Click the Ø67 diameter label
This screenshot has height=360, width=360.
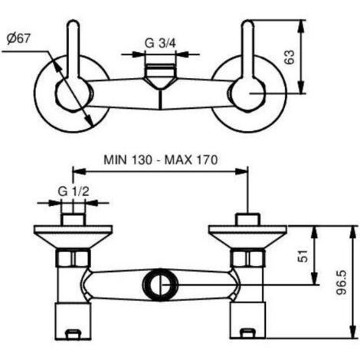pyautogui.click(x=18, y=38)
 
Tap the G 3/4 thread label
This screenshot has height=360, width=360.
pyautogui.click(x=160, y=43)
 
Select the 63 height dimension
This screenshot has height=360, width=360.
pyautogui.click(x=290, y=57)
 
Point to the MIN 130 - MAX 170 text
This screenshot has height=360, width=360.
pyautogui.click(x=161, y=160)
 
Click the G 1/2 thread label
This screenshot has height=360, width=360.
pyautogui.click(x=74, y=191)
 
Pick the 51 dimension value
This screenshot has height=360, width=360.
pyautogui.click(x=303, y=256)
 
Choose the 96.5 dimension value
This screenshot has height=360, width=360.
pyautogui.click(x=342, y=283)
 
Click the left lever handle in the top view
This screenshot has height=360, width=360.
pyautogui.click(x=74, y=48)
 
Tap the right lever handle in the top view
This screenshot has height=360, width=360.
pyautogui.click(x=248, y=48)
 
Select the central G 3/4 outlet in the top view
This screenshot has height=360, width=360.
pyautogui.click(x=160, y=77)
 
